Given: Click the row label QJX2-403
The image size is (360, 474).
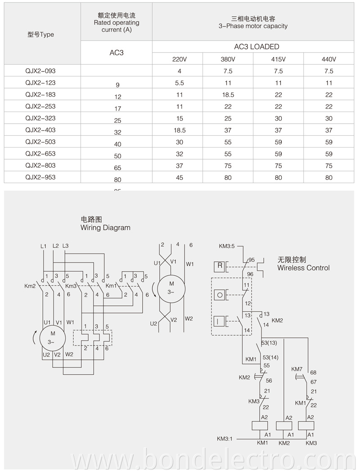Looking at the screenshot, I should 40,130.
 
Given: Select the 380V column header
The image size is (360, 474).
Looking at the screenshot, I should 228,59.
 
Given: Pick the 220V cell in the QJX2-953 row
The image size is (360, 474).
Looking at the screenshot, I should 179,177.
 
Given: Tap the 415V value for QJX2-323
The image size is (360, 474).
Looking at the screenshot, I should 278,118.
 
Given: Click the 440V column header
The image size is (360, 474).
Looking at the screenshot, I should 328,59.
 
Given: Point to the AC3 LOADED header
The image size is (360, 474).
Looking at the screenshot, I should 256,47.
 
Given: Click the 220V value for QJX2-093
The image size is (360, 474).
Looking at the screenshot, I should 179,71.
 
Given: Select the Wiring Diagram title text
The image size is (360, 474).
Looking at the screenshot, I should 105,228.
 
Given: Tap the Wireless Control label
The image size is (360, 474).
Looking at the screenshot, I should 303,268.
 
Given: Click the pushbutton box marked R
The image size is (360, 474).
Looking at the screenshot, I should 220,266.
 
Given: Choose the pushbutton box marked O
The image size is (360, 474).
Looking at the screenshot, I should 220,295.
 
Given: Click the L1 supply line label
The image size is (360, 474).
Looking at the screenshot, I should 43,246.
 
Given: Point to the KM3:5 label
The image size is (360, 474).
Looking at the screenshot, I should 227,246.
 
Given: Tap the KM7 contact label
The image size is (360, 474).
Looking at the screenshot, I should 297,369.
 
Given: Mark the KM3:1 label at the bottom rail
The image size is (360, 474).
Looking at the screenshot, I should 225,439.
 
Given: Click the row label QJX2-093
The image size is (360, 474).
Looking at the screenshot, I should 40,71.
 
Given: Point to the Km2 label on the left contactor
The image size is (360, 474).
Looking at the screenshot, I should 30,286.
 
